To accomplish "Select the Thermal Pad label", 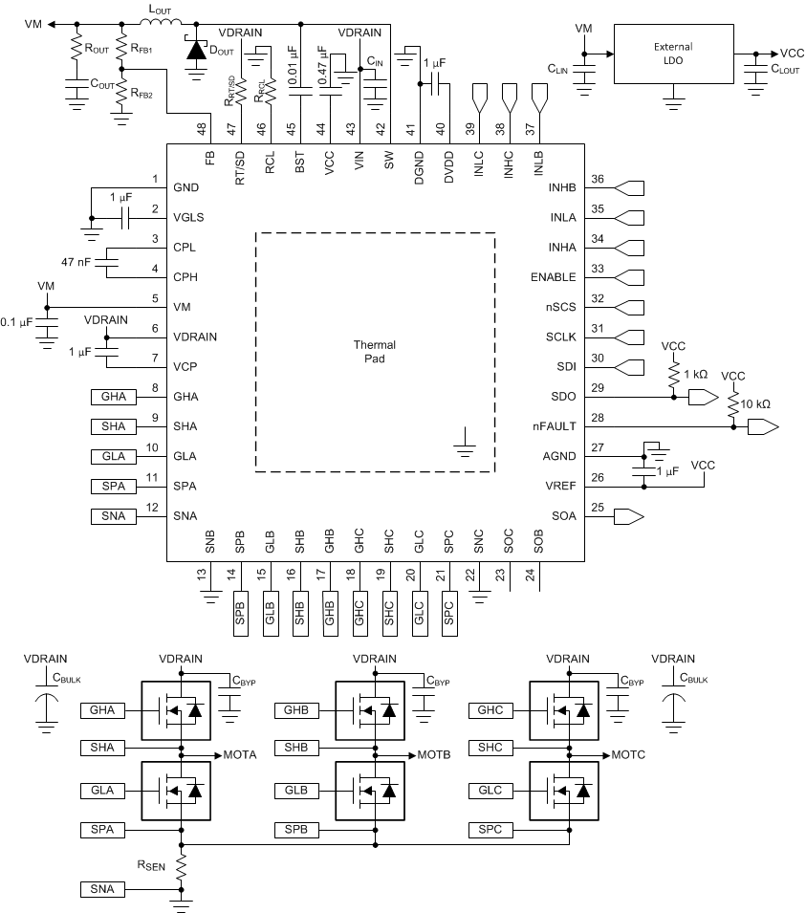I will coord(374,352).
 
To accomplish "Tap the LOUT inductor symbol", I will coord(160,24).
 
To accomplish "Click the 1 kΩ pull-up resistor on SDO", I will coord(674,374).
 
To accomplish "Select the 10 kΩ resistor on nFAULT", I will coord(733,407).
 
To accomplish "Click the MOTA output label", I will coord(239,754).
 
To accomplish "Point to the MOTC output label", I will coord(626,754).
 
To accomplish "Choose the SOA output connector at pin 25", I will coord(627,516).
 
